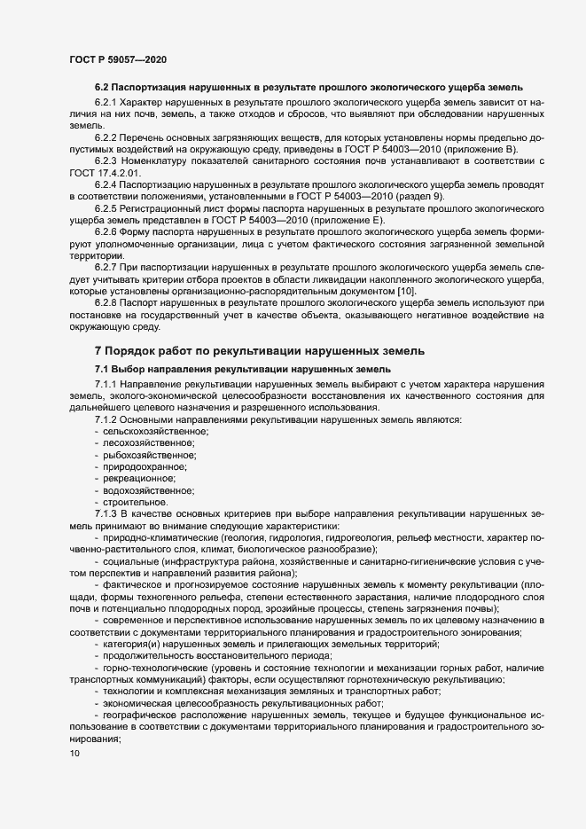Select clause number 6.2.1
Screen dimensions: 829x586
click(108, 103)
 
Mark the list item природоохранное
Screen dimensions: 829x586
click(147, 466)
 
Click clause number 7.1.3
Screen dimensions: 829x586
click(108, 513)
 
